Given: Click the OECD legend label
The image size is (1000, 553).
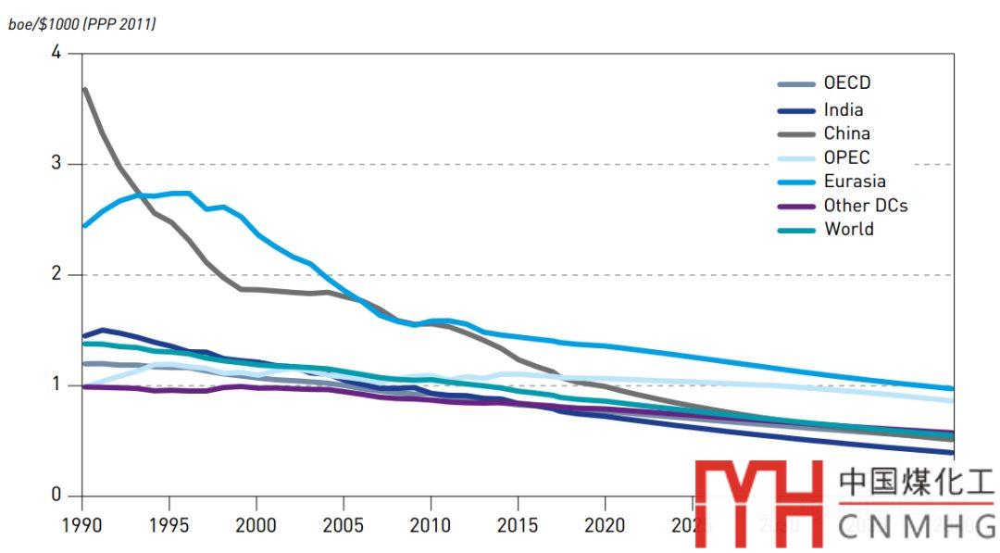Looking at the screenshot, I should point(846,83).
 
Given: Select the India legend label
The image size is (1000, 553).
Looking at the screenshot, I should point(843,109).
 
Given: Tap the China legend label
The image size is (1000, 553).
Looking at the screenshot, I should point(846,133).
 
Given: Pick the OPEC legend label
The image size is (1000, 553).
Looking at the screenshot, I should point(846,157).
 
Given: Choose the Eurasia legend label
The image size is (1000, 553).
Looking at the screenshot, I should point(854,182).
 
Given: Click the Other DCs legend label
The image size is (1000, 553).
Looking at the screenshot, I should point(865,206).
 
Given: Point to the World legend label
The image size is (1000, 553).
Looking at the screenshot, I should point(848,229).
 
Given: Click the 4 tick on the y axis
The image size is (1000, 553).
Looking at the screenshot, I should point(56,53).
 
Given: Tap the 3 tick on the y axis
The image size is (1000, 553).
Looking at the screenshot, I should point(56,164).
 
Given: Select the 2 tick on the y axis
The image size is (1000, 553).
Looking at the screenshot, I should point(56,274).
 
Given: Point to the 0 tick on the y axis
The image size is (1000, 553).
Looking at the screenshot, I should point(56,496).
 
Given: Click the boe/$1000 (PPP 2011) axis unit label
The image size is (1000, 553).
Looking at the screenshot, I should point(81,23).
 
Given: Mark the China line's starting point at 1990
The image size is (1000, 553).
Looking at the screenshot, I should point(84,90).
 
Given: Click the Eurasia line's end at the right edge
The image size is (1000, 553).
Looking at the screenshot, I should point(951,389).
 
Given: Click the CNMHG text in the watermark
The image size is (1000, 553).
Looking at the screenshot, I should point(916,527).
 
